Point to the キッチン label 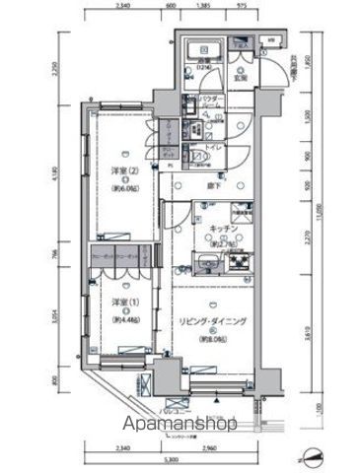222,229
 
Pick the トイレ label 212,143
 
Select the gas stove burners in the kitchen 242,262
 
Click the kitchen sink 210,263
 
